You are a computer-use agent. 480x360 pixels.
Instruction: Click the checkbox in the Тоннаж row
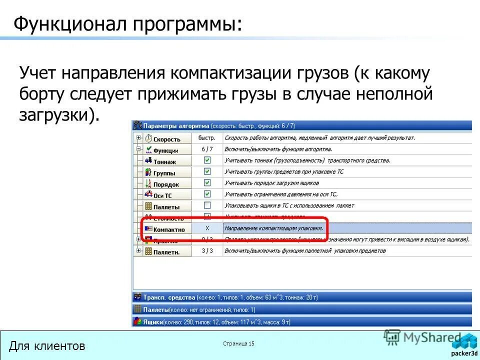207,160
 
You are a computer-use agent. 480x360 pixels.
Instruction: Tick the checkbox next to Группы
207,171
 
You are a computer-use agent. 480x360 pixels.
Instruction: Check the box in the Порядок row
207,183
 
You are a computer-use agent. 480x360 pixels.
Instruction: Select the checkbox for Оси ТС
207,194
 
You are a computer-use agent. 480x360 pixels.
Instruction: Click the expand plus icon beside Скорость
138,138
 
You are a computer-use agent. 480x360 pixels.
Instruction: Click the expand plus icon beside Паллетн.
138,250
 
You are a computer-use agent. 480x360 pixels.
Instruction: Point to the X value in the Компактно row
207,228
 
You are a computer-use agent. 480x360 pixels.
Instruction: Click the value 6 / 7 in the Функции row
207,149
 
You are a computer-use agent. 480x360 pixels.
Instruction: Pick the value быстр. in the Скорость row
207,138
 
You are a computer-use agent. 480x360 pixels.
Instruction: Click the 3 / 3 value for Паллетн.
207,250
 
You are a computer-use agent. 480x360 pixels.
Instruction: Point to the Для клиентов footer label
47,345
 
